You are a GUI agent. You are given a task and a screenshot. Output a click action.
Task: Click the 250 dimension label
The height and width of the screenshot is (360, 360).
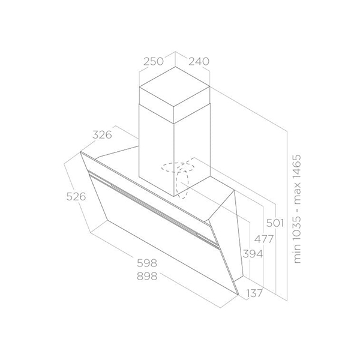click(154, 61)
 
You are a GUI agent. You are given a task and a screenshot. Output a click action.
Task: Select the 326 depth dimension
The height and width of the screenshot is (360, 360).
click(103, 135)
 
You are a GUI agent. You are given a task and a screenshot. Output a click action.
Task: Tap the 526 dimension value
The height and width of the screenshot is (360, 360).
click(76, 196)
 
